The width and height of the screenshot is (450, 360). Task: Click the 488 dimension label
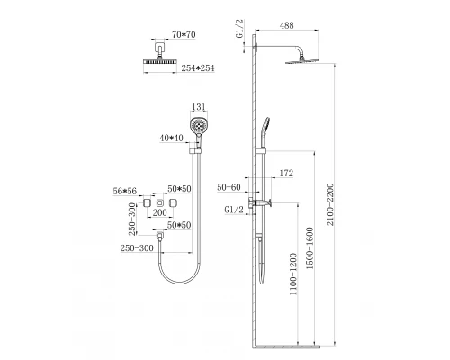(286, 25)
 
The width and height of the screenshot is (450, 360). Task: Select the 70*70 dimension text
(184, 35)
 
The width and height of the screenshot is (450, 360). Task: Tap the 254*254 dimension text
(198, 68)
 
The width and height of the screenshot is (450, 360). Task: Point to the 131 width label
(199, 107)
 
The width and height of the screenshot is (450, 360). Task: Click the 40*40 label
(171, 138)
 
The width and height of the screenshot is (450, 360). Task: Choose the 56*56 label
(125, 191)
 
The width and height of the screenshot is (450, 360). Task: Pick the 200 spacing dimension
(159, 212)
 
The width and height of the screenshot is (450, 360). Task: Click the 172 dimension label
(286, 173)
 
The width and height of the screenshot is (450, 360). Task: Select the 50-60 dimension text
(229, 187)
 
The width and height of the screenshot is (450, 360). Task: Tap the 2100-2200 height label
(330, 204)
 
